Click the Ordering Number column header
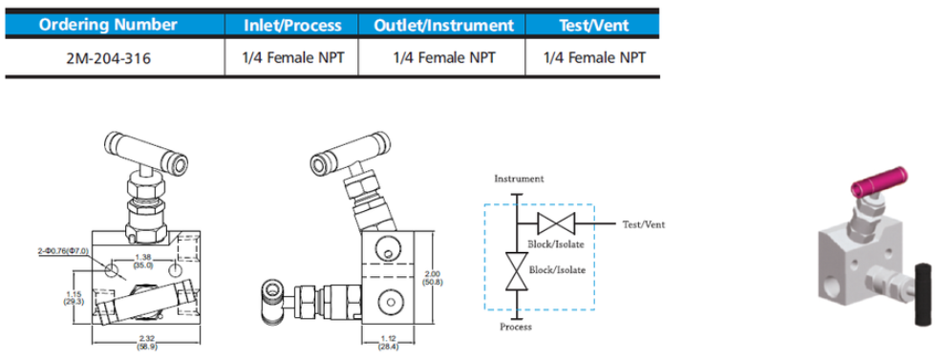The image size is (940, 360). coord(108,25)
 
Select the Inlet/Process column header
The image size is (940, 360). coord(292,25)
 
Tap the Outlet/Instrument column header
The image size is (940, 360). coord(443,25)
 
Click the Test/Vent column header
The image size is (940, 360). coord(593,25)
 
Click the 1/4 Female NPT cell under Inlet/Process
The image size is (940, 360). coord(293,58)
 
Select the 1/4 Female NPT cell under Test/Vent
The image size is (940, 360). coord(594,58)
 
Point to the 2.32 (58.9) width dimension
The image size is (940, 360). coord(145,343)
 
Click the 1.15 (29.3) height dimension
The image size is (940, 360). coord(75,298)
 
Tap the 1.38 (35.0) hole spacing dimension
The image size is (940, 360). coord(142,260)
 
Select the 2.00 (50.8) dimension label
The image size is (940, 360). coord(432,277)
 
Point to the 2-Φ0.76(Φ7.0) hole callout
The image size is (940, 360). coord(63,250)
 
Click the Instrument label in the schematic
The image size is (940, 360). coord(519,179)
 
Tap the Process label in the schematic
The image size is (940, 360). coord(517,327)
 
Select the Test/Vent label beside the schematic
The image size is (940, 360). coord(644,224)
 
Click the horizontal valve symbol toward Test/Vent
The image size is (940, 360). coord(556,224)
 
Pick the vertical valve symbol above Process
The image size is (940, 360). coord(517,271)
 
